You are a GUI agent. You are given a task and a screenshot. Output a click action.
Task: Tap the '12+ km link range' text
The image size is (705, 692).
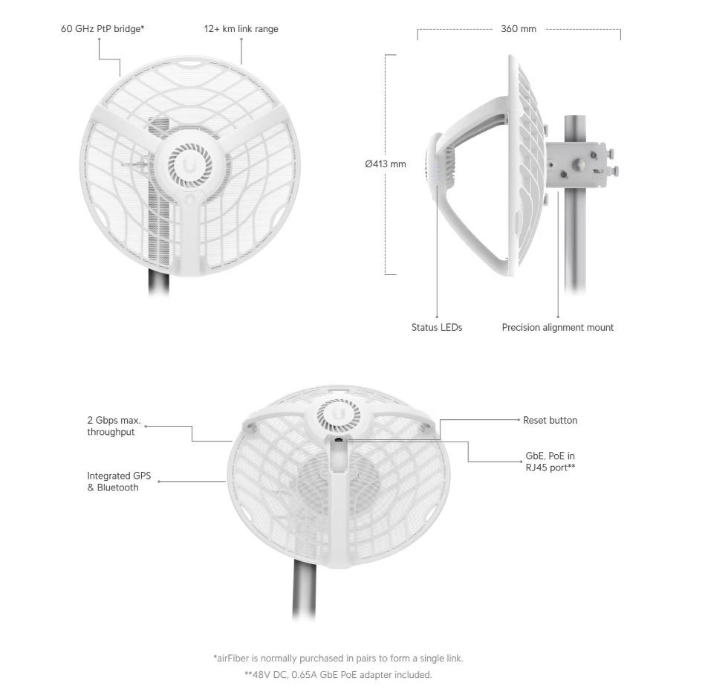(x=241, y=29)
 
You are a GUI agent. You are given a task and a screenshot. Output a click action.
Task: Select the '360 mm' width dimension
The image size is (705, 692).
(x=518, y=29)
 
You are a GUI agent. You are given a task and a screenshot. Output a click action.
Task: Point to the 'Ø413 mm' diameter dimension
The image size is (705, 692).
(x=386, y=164)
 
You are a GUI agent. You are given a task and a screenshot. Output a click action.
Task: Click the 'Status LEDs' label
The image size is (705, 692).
(x=437, y=327)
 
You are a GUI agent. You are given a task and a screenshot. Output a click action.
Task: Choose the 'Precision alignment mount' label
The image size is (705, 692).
(x=557, y=327)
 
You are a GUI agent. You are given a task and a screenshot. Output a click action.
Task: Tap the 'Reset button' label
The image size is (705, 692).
(x=550, y=420)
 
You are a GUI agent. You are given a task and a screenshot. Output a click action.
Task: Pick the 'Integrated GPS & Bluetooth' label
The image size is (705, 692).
(x=113, y=481)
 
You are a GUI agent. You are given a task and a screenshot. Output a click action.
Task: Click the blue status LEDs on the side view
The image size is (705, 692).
(x=437, y=175)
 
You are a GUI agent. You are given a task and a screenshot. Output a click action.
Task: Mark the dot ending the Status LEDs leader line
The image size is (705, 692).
(x=437, y=311)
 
